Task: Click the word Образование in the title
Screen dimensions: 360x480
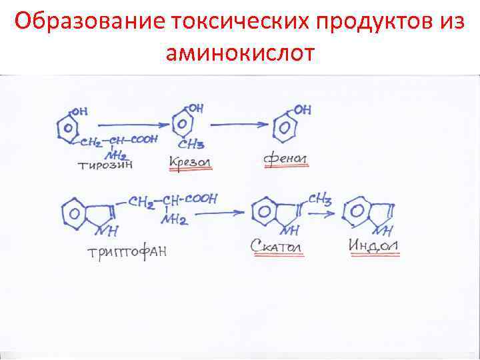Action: [x=90, y=22]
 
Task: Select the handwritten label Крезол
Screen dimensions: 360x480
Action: [x=191, y=162]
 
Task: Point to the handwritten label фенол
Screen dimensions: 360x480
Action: [x=286, y=160]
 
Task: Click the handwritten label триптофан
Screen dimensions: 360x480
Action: [x=126, y=252]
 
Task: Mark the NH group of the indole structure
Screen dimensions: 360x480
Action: [x=383, y=231]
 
